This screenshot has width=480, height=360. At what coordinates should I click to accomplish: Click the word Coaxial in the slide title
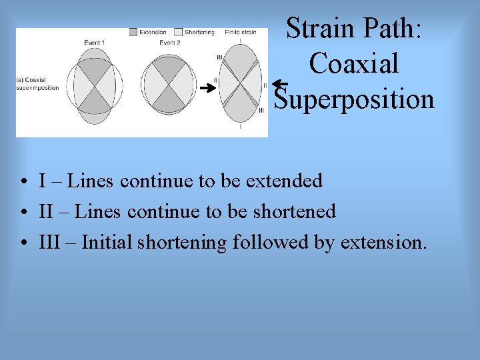point(354,64)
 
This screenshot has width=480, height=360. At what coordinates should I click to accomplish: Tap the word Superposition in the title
point(355,99)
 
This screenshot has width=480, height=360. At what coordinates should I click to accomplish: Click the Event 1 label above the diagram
point(94,43)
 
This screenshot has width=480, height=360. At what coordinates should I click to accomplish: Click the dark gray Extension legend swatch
point(133,32)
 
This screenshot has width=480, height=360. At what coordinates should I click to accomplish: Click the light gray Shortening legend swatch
point(178,32)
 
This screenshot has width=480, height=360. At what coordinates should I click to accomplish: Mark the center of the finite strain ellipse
point(241,85)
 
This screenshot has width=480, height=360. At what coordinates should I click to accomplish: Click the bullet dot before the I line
point(23,181)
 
